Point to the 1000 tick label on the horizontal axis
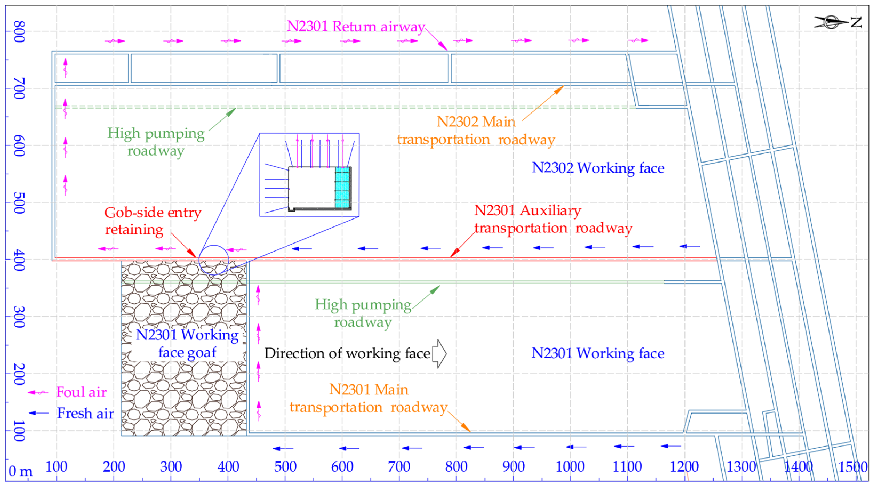pyautogui.click(x=570, y=467)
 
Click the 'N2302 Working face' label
pyautogui.click(x=598, y=168)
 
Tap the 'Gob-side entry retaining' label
pyautogui.click(x=153, y=221)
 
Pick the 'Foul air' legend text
pyautogui.click(x=81, y=392)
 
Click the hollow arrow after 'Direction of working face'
pyautogui.click(x=439, y=353)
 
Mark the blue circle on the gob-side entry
pyautogui.click(x=214, y=260)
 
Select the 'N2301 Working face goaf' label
pyautogui.click(x=187, y=343)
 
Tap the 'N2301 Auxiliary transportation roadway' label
pyautogui.click(x=553, y=219)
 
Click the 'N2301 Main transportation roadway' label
pyautogui.click(x=369, y=398)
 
